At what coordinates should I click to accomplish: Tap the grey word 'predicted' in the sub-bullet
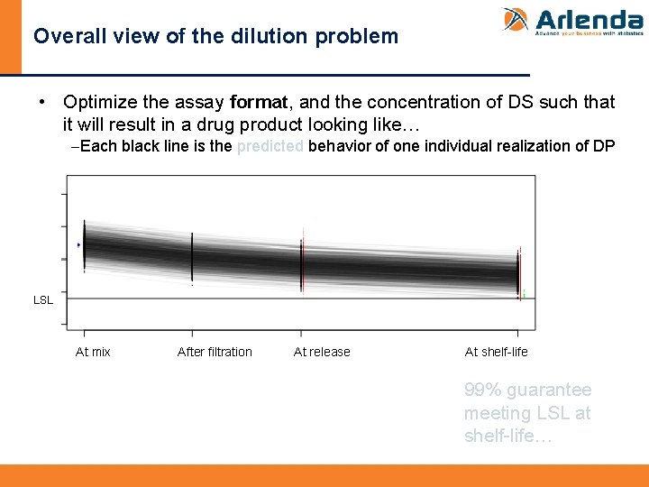click(270, 146)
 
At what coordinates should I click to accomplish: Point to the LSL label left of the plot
click(42, 300)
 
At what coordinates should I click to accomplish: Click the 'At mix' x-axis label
click(93, 352)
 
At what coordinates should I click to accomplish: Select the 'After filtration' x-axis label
click(215, 352)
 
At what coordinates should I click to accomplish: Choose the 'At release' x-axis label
click(322, 352)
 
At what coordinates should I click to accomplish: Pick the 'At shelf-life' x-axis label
click(496, 352)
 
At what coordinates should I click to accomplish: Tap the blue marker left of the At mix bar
click(79, 244)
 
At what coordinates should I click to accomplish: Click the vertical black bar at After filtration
click(192, 256)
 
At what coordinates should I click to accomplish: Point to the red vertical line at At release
click(304, 262)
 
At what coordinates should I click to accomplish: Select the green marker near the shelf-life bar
click(524, 294)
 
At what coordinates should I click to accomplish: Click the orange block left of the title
click(10, 37)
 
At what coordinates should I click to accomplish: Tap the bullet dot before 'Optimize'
click(42, 103)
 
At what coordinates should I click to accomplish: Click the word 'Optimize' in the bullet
click(100, 103)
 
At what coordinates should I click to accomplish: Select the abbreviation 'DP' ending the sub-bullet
click(604, 146)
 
